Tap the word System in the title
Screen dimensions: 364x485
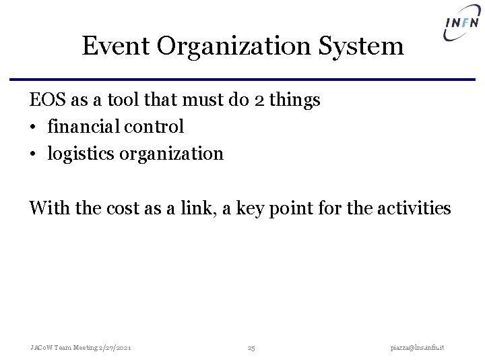point(370,47)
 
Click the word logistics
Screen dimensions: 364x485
point(81,154)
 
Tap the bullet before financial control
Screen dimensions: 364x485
point(32,127)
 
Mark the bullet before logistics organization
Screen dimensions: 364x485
point(32,154)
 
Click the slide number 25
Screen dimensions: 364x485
point(251,347)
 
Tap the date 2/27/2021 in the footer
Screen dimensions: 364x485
point(115,347)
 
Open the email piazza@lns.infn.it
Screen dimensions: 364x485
point(422,347)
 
